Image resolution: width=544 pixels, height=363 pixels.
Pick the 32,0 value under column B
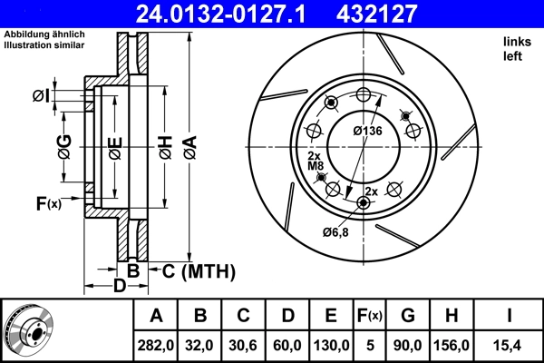click(200, 344)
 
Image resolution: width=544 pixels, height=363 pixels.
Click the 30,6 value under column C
click(244, 344)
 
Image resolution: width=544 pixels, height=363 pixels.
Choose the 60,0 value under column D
click(287, 344)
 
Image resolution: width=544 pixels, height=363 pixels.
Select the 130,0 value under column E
click(331, 344)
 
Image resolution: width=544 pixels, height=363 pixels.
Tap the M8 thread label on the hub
click(315, 166)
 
